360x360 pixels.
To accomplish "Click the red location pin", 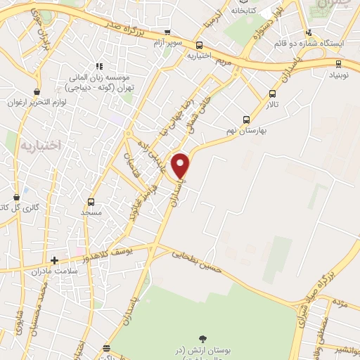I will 181,165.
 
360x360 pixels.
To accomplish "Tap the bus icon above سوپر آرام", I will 167,32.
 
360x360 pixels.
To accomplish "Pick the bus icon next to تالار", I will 273,94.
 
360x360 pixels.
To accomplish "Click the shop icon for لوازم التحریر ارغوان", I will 37,91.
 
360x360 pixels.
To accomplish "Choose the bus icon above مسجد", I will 91,201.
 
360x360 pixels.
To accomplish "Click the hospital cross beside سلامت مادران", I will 54,260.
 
